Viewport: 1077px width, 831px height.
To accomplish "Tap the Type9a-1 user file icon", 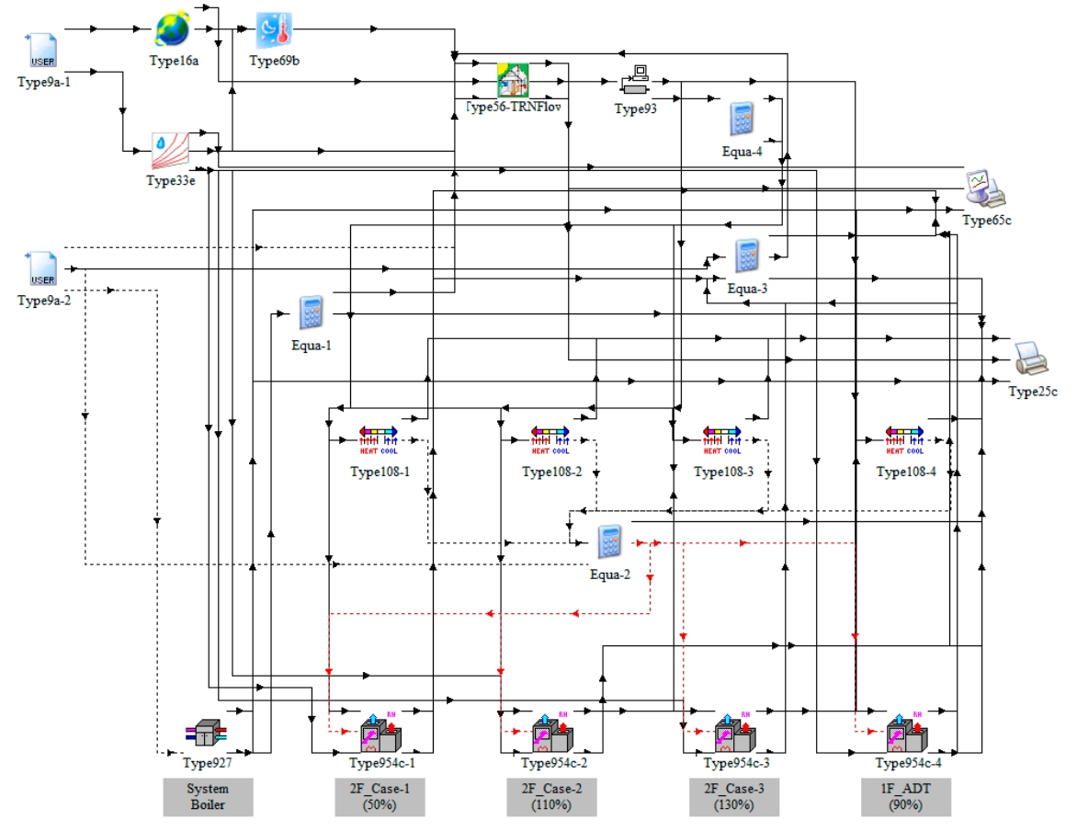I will (43, 51).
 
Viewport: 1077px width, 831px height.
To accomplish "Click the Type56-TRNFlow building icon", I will (513, 80).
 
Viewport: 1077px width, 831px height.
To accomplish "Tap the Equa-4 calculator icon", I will (743, 120).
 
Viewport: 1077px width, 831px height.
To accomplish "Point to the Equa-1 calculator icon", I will (311, 313).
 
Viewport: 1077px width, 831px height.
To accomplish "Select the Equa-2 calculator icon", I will (607, 541).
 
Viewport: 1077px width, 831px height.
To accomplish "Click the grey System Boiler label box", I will (208, 796).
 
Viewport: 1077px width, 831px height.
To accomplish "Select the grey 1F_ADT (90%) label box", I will (905, 796).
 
